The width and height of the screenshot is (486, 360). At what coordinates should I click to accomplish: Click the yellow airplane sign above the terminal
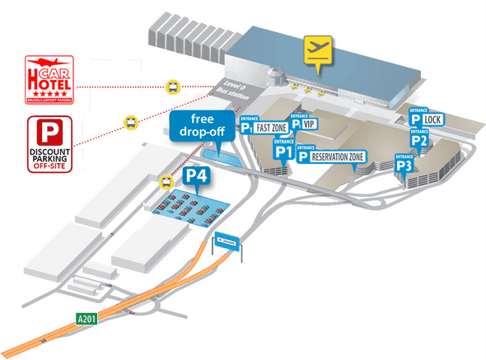coord(315,50)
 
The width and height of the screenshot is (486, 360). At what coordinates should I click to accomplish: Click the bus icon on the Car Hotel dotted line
coord(173,85)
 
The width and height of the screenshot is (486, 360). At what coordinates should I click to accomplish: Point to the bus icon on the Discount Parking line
coord(131,121)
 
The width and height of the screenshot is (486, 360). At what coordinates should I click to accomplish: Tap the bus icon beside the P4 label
coord(165,182)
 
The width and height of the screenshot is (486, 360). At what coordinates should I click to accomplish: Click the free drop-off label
coord(198,124)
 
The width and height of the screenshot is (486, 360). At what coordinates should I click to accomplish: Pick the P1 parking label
coord(284,151)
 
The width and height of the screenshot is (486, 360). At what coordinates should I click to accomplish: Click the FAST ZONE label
coord(271,129)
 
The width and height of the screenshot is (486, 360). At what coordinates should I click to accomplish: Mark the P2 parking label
coord(420,140)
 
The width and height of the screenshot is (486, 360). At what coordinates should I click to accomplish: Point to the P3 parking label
coord(404,166)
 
